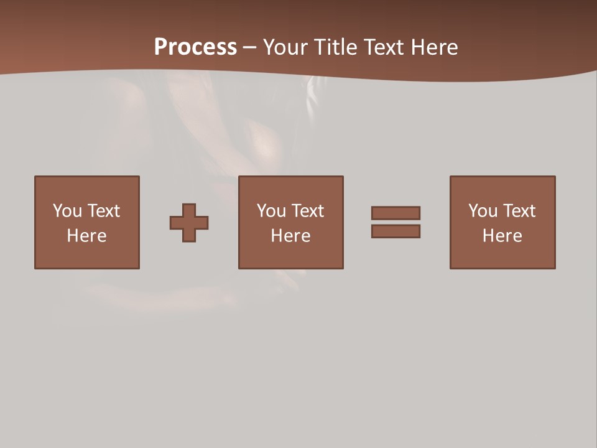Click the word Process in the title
pos(195,47)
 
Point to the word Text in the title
pos(382,47)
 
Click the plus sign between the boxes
pos(189,223)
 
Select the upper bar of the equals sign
pos(396,213)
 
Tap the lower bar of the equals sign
pos(396,231)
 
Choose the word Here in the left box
pos(86,236)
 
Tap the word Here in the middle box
pos(290,236)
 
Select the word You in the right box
pos(483,211)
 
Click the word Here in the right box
pos(502,236)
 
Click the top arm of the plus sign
pos(189,210)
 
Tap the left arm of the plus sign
pos(177,223)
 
